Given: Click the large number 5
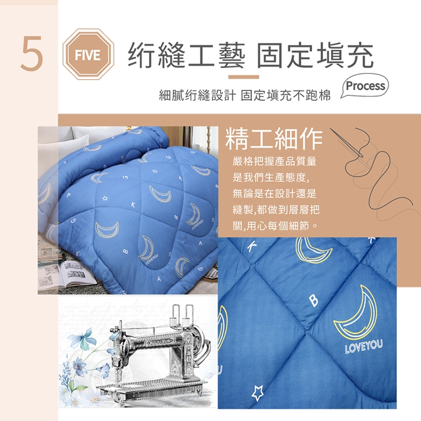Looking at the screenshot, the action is tap(32, 53).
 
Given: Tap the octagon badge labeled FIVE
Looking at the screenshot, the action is tap(88, 54).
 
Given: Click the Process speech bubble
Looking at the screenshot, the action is tap(365, 86).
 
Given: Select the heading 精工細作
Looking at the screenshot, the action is tap(273, 139).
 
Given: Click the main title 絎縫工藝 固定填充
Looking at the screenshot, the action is tap(250, 56).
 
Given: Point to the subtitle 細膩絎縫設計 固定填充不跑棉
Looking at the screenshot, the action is tap(245, 95).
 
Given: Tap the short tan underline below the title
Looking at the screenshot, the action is tap(244, 77).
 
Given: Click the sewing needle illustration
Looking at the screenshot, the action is tap(346, 143).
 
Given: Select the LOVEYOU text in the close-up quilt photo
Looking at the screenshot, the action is tap(364, 346).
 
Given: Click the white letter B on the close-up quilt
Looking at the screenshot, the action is tap(314, 300).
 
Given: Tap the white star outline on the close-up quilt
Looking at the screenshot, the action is tap(258, 392).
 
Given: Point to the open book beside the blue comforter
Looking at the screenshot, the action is tap(67, 274).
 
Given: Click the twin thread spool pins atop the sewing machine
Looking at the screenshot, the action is tap(182, 315).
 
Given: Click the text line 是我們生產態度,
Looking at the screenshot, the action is tap(271, 177).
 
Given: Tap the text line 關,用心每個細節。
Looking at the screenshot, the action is tap(275, 226).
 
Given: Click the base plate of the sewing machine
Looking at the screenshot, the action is tap(152, 388).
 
